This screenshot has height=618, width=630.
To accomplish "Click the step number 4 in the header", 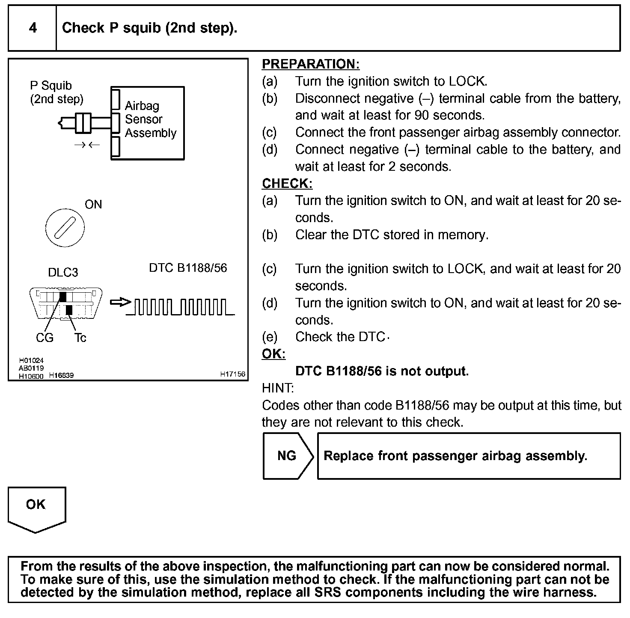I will click(33, 28).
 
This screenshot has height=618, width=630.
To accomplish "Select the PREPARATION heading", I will click(310, 64).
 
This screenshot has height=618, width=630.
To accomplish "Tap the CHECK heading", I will click(287, 184).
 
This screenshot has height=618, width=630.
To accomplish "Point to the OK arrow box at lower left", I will click(36, 507).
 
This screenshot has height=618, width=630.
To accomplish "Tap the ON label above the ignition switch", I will click(93, 205).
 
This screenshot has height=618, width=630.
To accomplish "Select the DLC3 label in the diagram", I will click(63, 273).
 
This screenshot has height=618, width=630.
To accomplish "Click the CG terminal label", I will click(45, 338).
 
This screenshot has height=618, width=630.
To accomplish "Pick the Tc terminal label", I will click(80, 338).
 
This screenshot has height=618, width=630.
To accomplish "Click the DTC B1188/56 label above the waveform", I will click(188, 268).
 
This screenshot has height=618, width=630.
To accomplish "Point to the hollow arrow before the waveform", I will click(120, 303).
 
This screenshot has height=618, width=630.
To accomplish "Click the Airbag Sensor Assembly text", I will click(150, 119).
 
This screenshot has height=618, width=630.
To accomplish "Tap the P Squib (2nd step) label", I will click(56, 92).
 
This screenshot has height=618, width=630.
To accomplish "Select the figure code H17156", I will click(233, 374).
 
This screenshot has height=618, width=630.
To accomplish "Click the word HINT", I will click(278, 388).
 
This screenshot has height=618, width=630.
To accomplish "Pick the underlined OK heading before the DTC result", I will click(273, 354).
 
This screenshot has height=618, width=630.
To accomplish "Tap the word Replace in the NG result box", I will click(343, 456).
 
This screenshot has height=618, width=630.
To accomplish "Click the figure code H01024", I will click(31, 361).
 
